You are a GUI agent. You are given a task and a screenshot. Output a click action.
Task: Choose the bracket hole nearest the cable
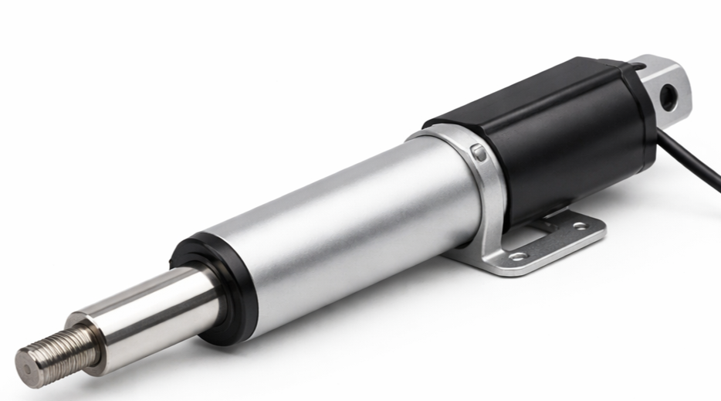pyautogui.click(x=579, y=226)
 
